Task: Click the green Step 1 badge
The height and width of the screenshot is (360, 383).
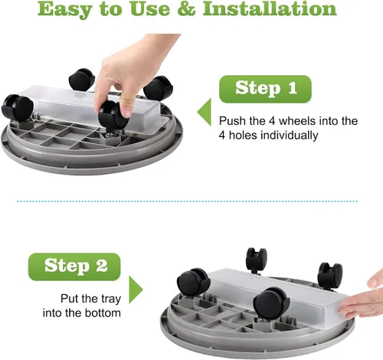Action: click(265, 89)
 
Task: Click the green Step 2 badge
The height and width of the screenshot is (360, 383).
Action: click(74, 267)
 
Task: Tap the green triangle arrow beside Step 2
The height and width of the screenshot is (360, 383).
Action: click(135, 290)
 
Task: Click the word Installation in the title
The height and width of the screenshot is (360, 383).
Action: click(270, 8)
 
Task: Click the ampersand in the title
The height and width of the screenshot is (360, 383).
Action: click(186, 9)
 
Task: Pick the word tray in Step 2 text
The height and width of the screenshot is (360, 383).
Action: click(111, 299)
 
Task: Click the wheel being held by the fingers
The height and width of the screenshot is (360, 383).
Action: click(113, 115)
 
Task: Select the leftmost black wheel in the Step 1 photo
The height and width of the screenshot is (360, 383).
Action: click(18, 108)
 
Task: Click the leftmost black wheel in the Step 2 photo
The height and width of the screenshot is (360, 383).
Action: click(193, 282)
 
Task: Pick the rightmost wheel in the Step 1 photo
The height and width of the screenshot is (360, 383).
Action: click(159, 88)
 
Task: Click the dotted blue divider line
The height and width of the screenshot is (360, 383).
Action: click(188, 201)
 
